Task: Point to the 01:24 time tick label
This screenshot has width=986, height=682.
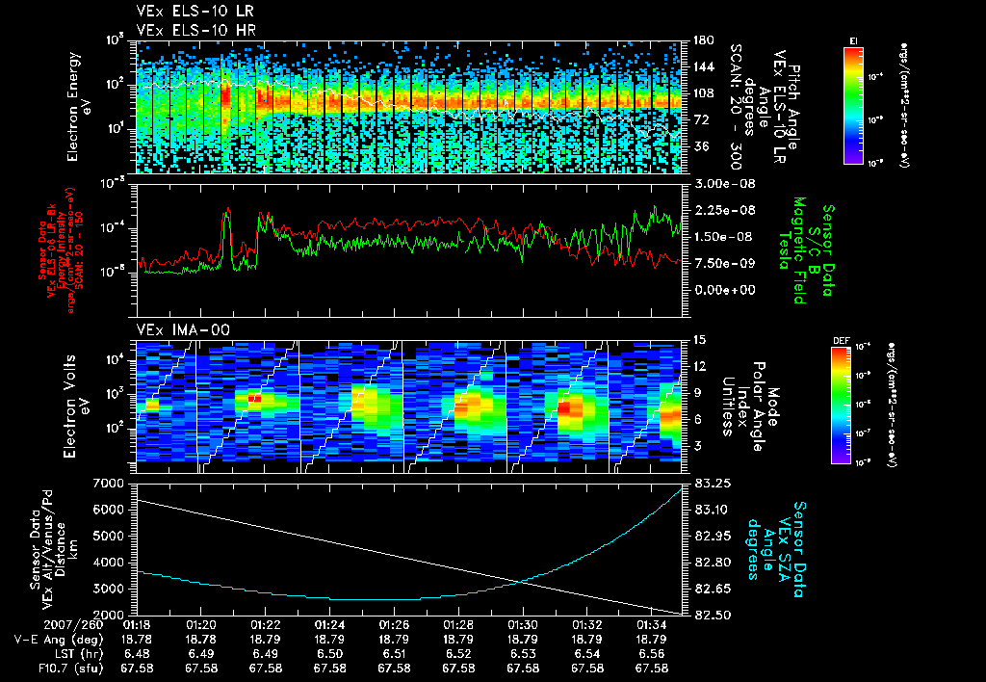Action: [x=329, y=624]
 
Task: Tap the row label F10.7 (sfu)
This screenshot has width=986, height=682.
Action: [x=47, y=668]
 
